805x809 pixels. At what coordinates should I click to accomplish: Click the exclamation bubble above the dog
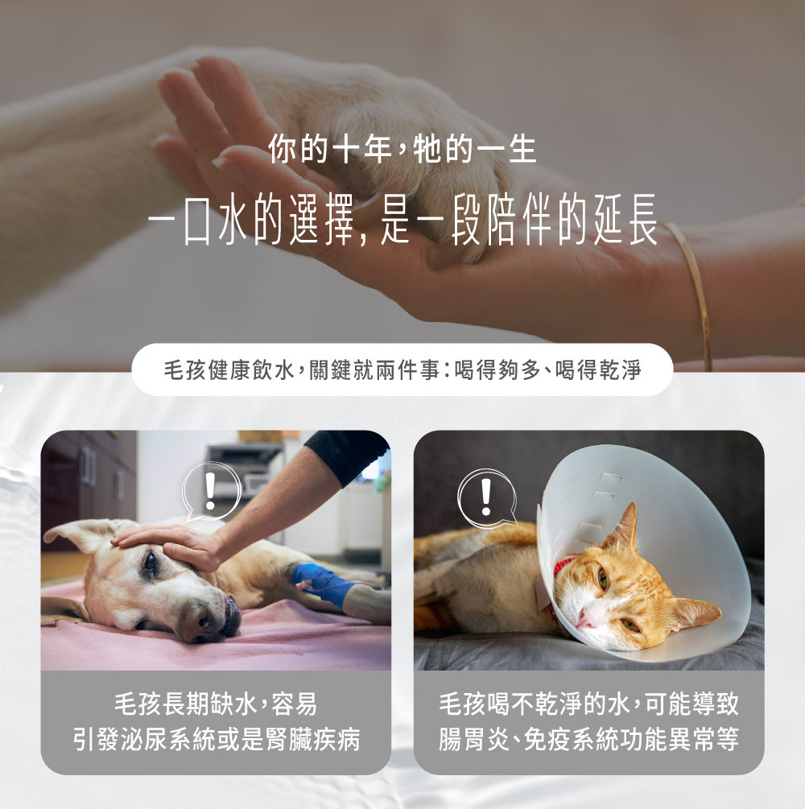point(210,491)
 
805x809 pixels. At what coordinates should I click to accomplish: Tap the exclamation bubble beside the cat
point(486,498)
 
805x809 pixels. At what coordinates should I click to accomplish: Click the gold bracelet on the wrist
point(695,294)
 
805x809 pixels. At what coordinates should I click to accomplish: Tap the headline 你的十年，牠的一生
point(402,150)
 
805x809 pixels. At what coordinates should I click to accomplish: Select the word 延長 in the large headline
point(625,219)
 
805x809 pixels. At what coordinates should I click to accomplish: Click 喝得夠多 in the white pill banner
point(497,370)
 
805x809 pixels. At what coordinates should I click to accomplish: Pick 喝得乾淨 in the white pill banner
point(598,370)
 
